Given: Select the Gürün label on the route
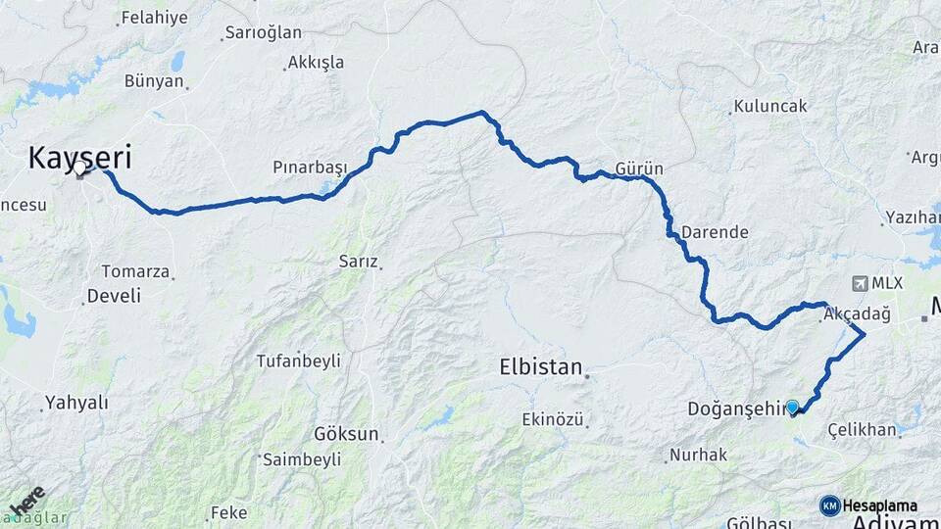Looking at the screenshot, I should [639, 168].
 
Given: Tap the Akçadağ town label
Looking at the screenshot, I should [857, 313].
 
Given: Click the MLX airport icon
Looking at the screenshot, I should [861, 283].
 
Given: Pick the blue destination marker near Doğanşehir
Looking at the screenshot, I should [792, 407].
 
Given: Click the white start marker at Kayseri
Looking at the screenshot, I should [80, 169].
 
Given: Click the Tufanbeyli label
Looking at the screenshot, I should [298, 361].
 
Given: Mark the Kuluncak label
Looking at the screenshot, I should [769, 106].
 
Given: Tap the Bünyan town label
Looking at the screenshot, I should [154, 81].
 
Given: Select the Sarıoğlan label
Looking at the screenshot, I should [263, 32].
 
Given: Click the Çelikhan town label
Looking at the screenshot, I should [862, 429].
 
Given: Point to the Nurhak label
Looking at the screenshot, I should [697, 455].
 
